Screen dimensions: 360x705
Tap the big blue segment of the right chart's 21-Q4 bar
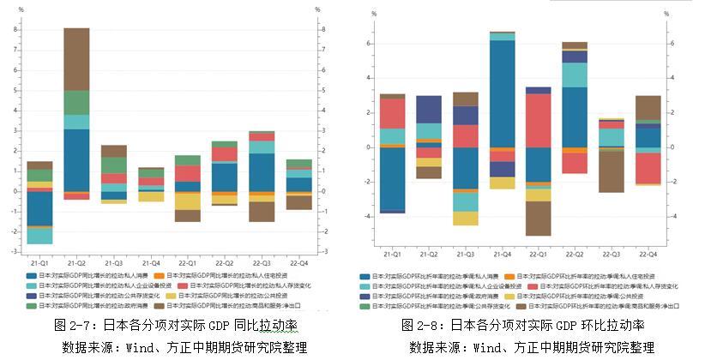(502, 93)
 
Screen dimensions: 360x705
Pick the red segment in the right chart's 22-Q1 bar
(538, 120)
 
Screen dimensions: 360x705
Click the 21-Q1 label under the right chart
(393, 255)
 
